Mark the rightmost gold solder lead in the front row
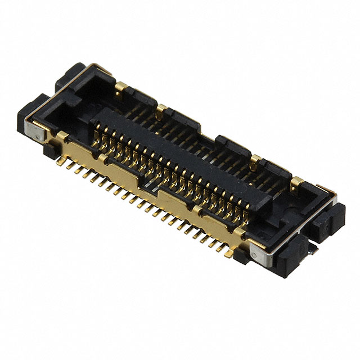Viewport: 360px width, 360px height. pyautogui.click(x=228, y=253)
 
